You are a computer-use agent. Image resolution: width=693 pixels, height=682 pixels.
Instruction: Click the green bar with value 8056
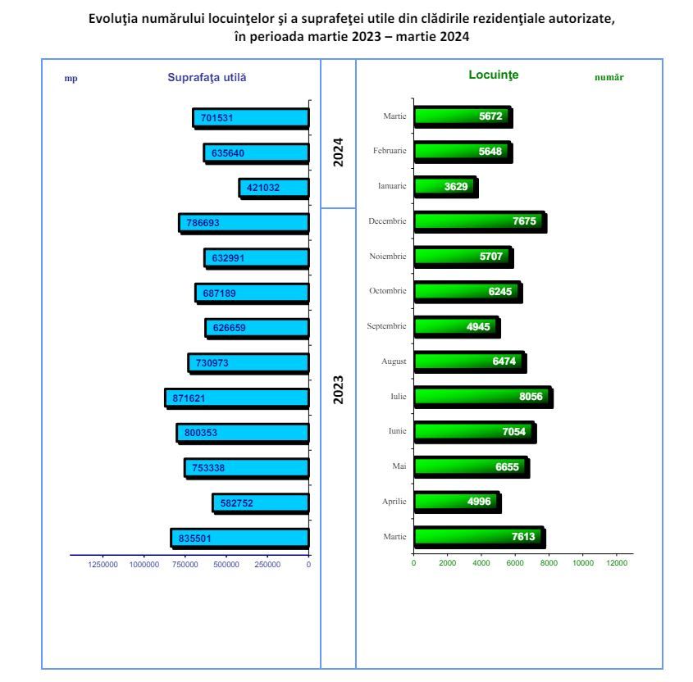482,397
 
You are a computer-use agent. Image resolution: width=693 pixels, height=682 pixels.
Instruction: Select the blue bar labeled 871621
237,398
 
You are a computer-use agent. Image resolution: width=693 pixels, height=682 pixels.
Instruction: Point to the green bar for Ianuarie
445,187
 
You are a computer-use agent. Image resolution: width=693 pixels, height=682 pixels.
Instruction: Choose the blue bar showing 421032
274,188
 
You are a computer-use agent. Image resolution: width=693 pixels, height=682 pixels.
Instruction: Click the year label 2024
338,152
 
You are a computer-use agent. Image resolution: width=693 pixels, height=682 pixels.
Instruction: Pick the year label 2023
338,389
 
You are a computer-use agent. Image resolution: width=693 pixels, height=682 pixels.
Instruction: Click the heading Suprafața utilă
207,77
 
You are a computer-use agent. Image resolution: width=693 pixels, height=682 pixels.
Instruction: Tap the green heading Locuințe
493,75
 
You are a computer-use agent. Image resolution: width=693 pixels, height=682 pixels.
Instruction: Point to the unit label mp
71,78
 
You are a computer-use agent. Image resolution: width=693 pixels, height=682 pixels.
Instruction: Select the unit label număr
609,77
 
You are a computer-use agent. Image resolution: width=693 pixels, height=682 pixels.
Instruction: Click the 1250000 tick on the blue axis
103,564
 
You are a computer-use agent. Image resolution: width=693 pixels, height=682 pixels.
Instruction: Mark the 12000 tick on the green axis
616,563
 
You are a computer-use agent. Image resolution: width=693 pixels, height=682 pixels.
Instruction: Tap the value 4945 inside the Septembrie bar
478,327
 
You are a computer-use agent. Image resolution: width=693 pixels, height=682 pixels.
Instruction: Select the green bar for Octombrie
467,292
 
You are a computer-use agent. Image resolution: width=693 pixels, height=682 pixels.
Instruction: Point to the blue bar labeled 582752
261,503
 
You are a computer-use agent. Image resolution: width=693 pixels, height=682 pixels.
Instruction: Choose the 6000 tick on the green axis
515,563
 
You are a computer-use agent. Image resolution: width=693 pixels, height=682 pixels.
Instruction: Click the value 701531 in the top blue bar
217,118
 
